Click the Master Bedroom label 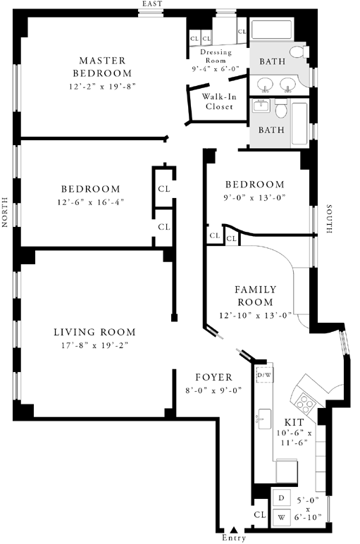tap(102, 67)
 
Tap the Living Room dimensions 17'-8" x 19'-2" tap(95, 345)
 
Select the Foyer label tap(213, 377)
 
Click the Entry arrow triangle tap(234, 529)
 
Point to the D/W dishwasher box tap(265, 375)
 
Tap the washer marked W tap(282, 518)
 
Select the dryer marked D tap(282, 498)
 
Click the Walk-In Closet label tap(219, 101)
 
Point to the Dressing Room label tap(216, 56)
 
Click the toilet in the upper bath tap(299, 52)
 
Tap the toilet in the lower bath tap(281, 109)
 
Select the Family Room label tap(256, 295)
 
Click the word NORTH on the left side tap(5, 212)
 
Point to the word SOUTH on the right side tap(329, 219)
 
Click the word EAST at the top tap(152, 4)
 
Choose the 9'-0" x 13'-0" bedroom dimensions tap(254, 198)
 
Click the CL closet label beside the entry tap(260, 514)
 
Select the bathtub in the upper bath tap(271, 30)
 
